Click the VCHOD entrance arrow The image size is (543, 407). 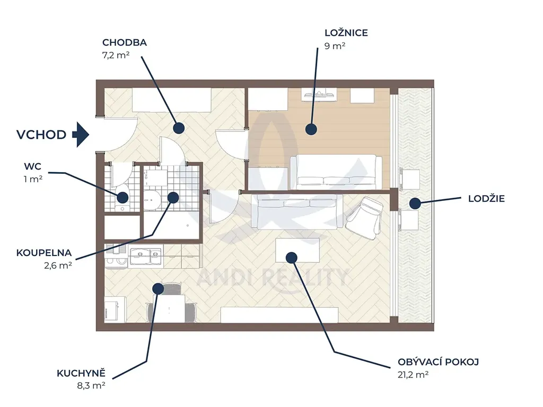click(81, 135)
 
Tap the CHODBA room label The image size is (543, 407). click(124, 42)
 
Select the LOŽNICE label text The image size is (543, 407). click(346, 33)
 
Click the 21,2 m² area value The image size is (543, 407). click(413, 375)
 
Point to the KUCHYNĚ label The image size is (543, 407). click(81, 374)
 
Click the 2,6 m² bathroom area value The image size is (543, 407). click(58, 266)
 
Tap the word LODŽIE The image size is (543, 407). click(486, 199)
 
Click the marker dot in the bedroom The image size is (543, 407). click(311, 129)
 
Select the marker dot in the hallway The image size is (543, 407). click(178, 128)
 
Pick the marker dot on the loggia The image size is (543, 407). click(415, 203)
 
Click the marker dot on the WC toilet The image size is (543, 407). click(122, 198)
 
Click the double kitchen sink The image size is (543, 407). click(146, 256)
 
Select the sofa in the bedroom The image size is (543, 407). click(336, 172)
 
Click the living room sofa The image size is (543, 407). click(300, 211)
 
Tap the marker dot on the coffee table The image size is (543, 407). click(292, 258)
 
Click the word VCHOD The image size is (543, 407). click(41, 135)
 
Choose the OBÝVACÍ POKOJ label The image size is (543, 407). click(438, 362)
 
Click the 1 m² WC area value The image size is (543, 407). click(33, 179)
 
